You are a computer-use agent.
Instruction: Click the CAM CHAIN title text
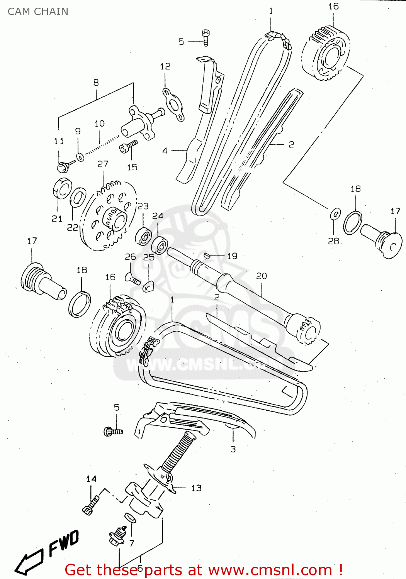[x=38, y=12]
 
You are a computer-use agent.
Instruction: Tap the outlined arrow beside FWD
[x=29, y=562]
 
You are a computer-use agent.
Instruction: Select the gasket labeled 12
[x=173, y=105]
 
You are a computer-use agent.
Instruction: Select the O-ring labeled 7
[x=130, y=518]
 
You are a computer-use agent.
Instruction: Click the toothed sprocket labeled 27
[x=110, y=216]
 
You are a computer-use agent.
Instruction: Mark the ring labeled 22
[x=78, y=198]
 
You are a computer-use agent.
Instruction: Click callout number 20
[x=262, y=276]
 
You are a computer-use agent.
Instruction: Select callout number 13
[x=196, y=488]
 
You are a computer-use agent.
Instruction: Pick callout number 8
[x=96, y=82]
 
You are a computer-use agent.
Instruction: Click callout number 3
[x=233, y=449]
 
